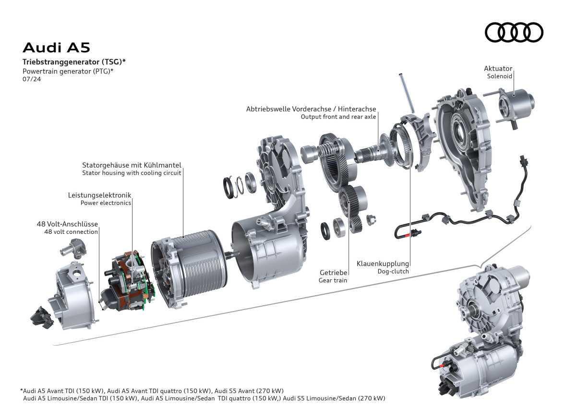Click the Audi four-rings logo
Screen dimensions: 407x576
(x=514, y=33)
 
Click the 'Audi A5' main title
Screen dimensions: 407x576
(x=57, y=48)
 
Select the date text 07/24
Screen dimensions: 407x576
(x=32, y=79)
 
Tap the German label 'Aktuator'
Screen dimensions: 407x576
(x=498, y=69)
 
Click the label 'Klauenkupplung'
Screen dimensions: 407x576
(x=383, y=263)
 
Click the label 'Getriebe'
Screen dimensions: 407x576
(x=333, y=273)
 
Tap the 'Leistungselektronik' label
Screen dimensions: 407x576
(x=99, y=195)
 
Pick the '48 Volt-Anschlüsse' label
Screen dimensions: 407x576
(x=67, y=224)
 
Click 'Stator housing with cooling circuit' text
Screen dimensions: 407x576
(x=132, y=172)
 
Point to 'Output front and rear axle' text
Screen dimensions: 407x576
(x=338, y=117)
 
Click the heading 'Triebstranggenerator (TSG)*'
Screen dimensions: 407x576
(x=74, y=62)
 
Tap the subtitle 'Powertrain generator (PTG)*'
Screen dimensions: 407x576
(x=68, y=71)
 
